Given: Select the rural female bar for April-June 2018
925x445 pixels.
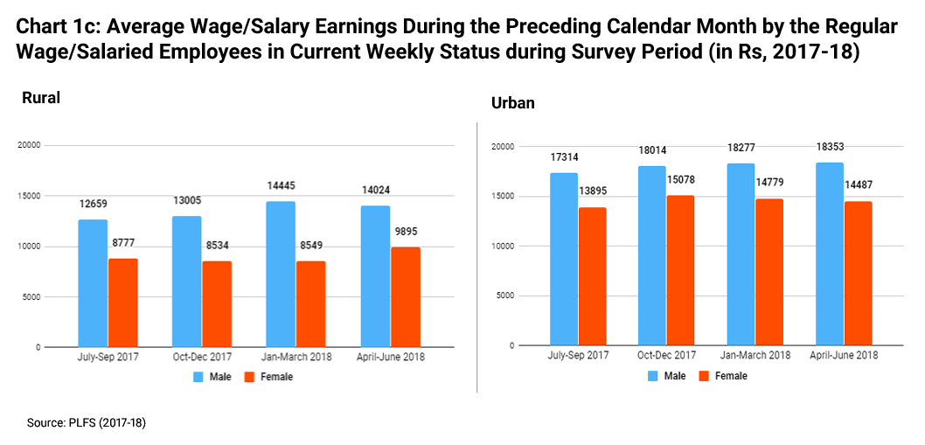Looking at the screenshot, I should point(406,297).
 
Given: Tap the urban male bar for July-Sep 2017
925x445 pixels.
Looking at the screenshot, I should point(563,259).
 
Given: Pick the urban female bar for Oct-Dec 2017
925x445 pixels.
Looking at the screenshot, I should point(681,270).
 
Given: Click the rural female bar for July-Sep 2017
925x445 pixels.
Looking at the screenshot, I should point(123,302).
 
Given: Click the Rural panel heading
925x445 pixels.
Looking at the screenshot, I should point(41,98).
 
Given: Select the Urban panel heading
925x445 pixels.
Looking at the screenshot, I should point(513,103).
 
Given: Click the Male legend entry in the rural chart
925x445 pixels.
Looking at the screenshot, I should point(209,377).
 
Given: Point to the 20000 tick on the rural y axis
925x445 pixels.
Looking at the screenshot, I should point(30,146).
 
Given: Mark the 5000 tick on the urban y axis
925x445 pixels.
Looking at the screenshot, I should point(504,296).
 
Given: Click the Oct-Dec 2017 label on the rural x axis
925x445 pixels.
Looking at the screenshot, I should point(202,358).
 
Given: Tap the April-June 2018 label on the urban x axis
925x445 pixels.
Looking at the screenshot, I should point(844,356).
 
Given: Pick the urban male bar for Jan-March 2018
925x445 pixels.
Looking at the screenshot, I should point(741,254).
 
